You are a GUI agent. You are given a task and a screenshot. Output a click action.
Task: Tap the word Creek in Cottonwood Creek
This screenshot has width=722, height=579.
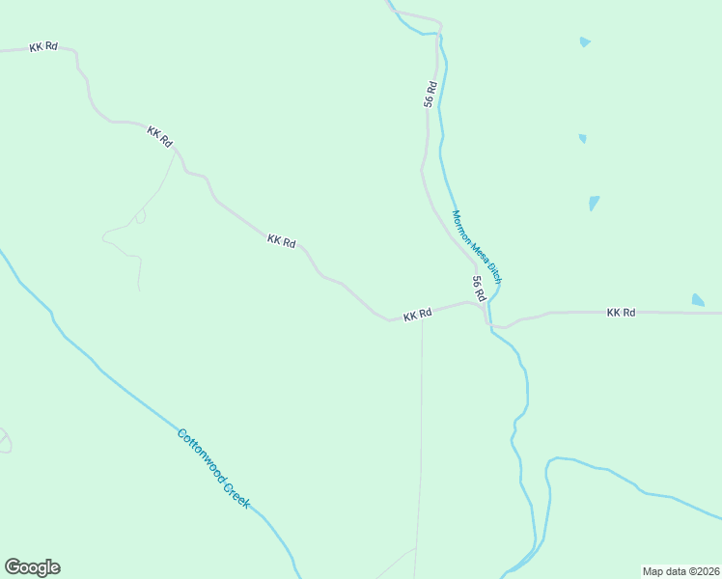tap(236, 495)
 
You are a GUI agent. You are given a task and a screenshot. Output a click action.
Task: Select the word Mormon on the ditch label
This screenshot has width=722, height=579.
tap(464, 228)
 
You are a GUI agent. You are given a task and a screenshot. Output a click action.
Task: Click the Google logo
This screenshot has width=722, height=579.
tap(32, 567)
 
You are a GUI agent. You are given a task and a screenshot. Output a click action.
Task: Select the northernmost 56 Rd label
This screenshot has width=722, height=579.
tap(430, 94)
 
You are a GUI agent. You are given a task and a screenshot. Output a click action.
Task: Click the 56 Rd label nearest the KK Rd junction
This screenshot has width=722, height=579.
tap(478, 287)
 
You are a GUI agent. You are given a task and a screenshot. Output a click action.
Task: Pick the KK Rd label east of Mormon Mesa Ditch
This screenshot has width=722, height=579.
tap(621, 313)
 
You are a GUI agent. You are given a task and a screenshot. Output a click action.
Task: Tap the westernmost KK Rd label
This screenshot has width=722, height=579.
tap(42, 46)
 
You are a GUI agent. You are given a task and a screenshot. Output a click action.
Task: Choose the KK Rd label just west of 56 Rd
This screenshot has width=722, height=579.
tap(417, 315)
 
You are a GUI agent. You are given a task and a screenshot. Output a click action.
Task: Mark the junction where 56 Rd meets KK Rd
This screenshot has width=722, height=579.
tap(482, 305)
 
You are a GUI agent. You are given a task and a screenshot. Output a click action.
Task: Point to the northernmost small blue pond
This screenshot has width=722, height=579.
tap(585, 42)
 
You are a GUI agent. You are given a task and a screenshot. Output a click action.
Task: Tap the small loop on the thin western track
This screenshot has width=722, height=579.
tap(140, 217)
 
